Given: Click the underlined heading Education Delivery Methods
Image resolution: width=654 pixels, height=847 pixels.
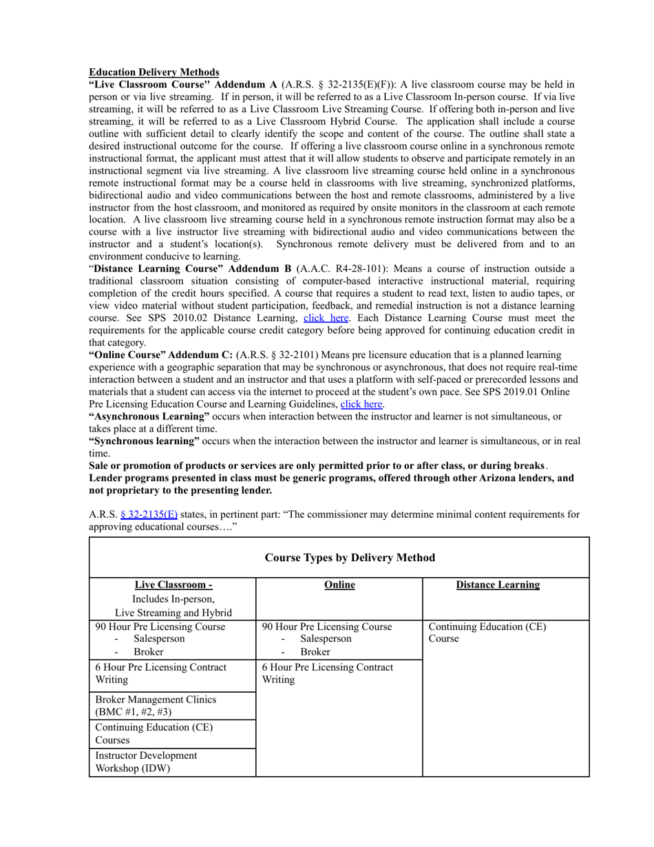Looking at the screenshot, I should pyautogui.click(x=154, y=72).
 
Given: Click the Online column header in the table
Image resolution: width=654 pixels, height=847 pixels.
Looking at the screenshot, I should pyautogui.click(x=339, y=585).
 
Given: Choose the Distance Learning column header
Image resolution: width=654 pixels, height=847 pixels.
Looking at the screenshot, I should pyautogui.click(x=498, y=585).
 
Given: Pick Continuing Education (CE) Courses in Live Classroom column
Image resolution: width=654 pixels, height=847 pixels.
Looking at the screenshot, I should pyautogui.click(x=153, y=733).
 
